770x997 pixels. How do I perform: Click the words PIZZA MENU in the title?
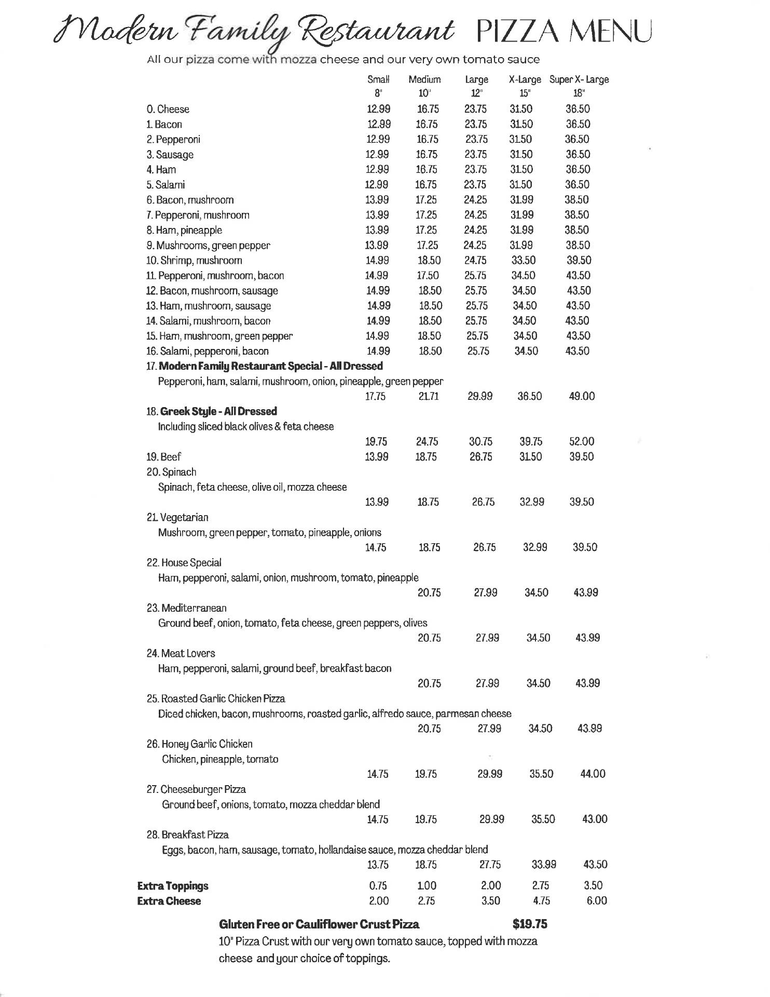tap(563, 32)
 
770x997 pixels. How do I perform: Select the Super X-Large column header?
tap(579, 80)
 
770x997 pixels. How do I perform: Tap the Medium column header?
tap(424, 80)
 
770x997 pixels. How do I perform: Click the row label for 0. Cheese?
tap(168, 110)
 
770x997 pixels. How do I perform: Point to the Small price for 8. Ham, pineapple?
tap(377, 230)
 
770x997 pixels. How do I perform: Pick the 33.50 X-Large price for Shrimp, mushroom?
tap(524, 260)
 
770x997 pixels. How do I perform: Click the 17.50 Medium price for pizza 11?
tap(428, 275)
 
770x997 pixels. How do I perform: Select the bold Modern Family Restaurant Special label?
tap(270, 366)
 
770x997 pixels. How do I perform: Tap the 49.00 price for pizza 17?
tap(582, 396)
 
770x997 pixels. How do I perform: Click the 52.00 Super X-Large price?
tap(582, 441)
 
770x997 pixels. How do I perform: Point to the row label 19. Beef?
tap(163, 457)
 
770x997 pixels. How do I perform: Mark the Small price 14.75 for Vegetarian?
tap(377, 547)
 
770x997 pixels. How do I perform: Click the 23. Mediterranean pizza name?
tap(186, 608)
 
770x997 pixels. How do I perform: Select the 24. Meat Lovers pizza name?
tap(181, 653)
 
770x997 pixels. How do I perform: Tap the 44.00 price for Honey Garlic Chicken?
tap(593, 774)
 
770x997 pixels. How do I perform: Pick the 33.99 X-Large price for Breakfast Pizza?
tap(544, 865)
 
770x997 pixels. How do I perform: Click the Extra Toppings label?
tap(173, 886)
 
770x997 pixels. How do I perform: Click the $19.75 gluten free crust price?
tap(530, 924)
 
